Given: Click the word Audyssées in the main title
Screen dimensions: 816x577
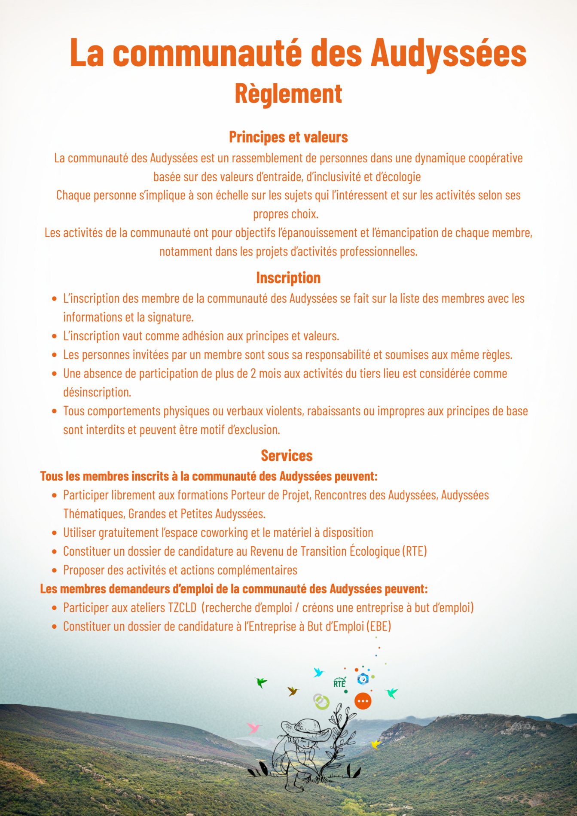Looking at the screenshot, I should [449, 53].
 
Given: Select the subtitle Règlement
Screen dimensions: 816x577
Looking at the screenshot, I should [288, 93].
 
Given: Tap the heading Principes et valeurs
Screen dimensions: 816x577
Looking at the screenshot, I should [288, 137].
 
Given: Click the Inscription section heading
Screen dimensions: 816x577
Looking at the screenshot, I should [288, 278].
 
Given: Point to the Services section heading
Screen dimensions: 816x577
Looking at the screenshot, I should [287, 456].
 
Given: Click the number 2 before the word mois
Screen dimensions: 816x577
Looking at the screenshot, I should [253, 374].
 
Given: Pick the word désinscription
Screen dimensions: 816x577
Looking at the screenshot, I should [97, 392].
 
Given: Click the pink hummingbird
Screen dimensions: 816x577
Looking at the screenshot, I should [254, 728].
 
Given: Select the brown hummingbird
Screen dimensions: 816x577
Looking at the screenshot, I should [293, 691].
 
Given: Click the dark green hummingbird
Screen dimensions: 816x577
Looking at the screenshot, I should [261, 682].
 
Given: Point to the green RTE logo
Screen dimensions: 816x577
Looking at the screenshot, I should [339, 683].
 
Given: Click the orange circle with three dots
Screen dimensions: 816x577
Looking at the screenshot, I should [363, 701].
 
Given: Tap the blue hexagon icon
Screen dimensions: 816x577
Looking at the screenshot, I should [363, 679].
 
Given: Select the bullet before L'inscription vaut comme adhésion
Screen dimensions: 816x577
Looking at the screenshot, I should [54, 336].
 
